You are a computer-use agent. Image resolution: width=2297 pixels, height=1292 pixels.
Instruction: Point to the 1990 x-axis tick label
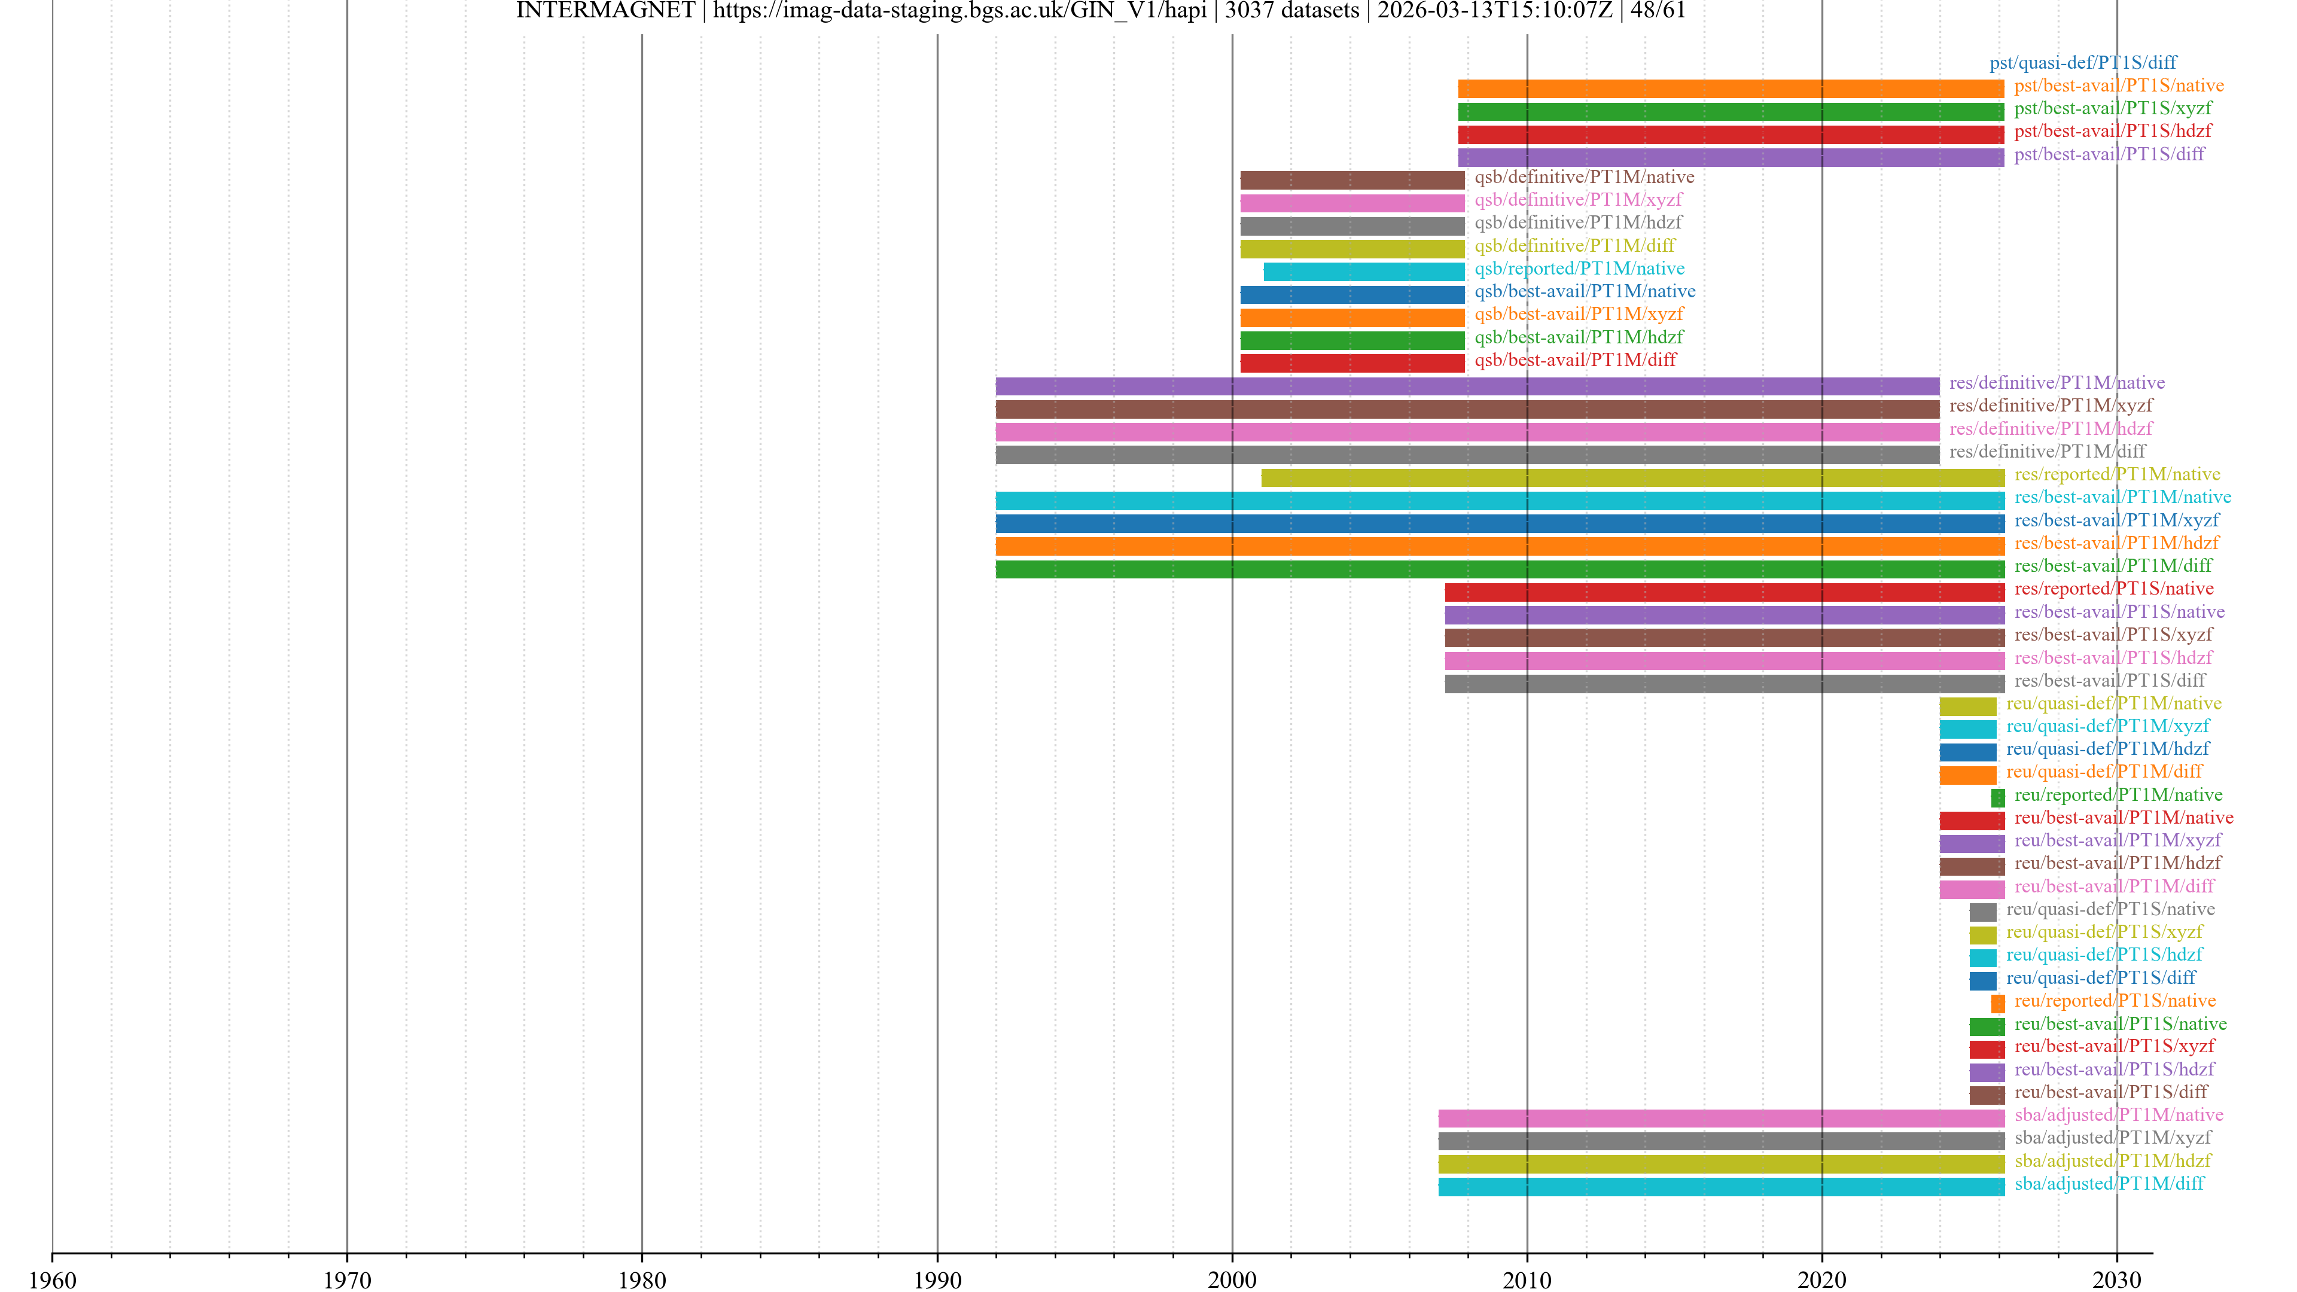coord(937,1279)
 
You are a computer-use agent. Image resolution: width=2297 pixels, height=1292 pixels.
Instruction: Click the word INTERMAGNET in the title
coord(605,11)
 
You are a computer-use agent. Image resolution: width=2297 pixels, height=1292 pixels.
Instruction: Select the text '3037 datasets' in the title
coord(1292,11)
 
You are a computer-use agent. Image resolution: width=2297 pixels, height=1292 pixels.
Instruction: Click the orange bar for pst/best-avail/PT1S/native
coord(1730,89)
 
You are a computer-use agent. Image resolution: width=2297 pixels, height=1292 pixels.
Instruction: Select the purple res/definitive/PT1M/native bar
coord(1467,386)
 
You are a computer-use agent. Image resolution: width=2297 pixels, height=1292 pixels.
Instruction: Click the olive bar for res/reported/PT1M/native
coord(1632,478)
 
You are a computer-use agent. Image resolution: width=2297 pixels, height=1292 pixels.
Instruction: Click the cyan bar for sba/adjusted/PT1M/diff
coord(1721,1187)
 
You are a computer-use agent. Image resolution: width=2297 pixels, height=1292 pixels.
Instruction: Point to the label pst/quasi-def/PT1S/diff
coord(2082,62)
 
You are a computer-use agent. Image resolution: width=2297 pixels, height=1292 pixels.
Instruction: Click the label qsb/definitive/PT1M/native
coord(1583,176)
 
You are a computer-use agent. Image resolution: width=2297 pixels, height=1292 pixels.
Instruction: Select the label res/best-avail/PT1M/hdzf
coord(2116,543)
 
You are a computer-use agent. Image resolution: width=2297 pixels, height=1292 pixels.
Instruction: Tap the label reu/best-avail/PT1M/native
coord(2123,818)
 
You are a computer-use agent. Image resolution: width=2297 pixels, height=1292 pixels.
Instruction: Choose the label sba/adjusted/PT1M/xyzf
coord(2112,1138)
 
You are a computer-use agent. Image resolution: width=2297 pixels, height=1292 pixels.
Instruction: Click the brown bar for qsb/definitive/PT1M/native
coord(1352,180)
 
